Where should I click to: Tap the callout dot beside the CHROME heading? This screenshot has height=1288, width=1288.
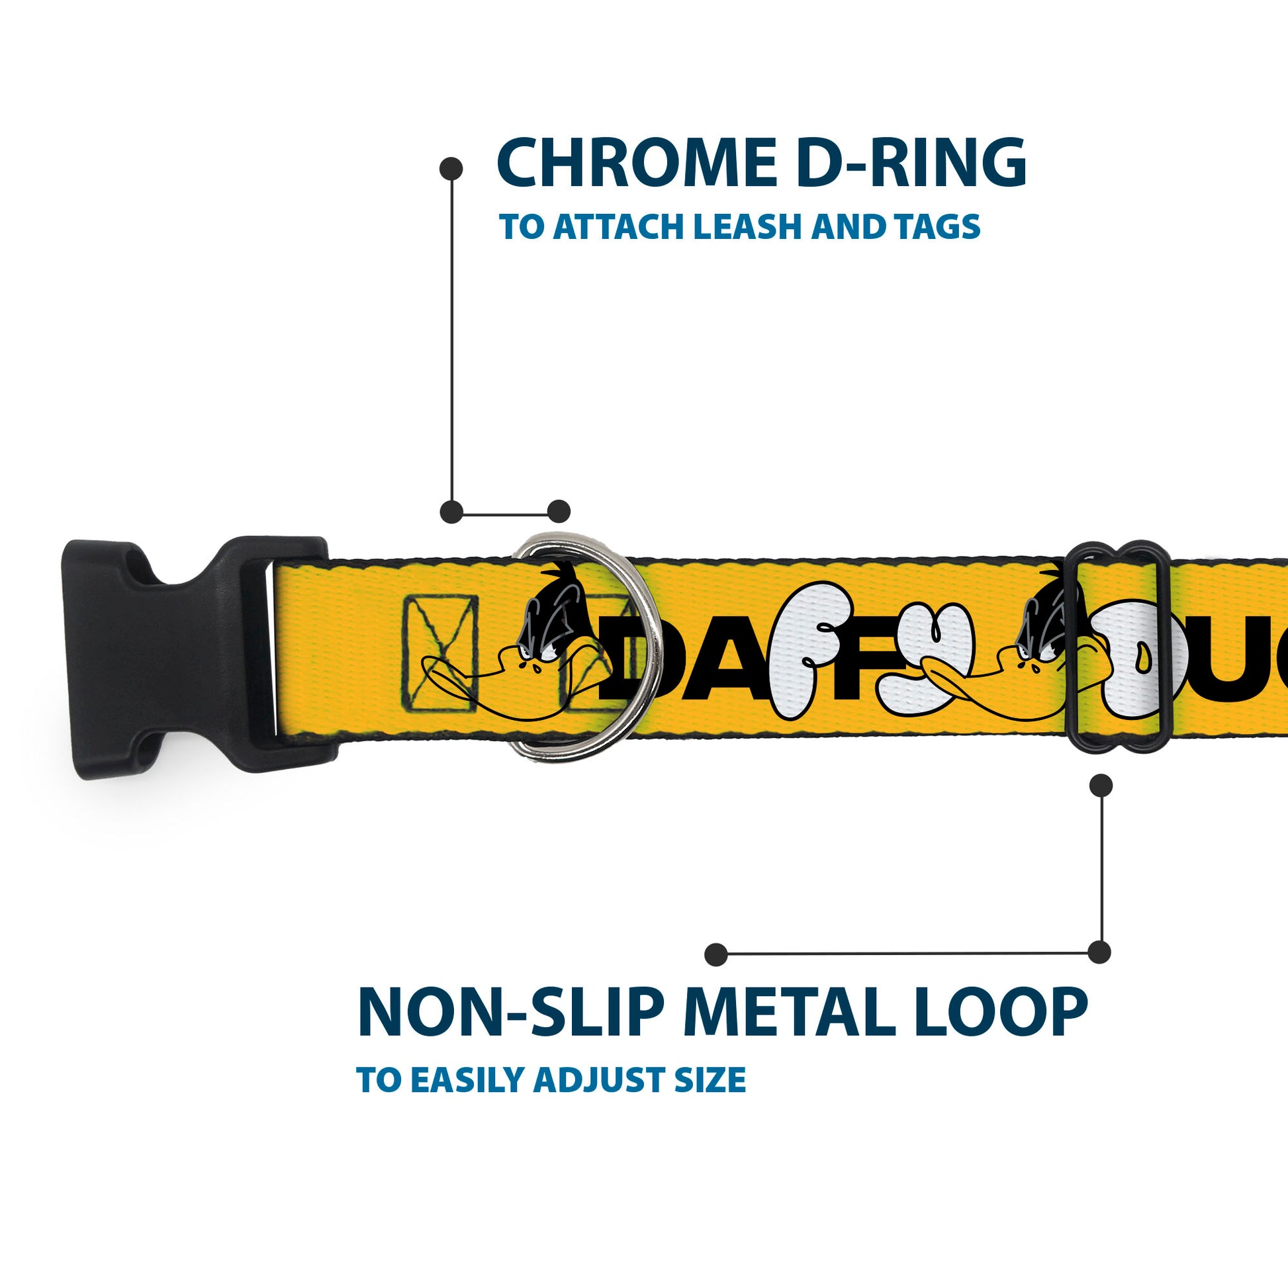point(451,169)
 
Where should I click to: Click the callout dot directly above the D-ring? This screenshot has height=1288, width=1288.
point(559,512)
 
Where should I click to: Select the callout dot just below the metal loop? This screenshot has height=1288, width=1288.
point(1100,786)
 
